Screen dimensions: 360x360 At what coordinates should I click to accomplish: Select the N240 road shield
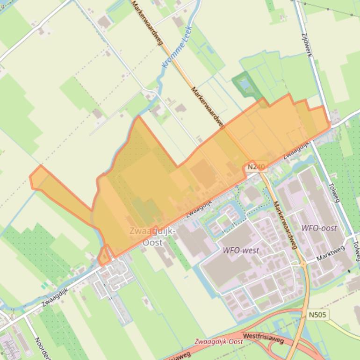click(256, 166)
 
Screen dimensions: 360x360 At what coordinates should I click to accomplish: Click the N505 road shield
click(317, 315)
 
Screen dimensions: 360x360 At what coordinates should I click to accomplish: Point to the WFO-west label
click(241, 250)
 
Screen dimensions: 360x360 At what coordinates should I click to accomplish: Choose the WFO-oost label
click(319, 228)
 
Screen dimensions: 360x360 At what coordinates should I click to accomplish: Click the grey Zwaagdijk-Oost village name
click(152, 237)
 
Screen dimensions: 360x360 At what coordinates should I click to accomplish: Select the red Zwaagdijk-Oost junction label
click(219, 342)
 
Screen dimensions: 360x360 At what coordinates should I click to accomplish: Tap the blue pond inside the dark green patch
click(243, 85)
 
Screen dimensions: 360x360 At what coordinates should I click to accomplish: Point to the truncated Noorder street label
click(40, 348)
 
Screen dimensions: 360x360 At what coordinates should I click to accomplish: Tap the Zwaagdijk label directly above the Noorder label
click(55, 296)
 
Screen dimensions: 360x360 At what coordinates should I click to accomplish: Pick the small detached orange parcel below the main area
click(104, 256)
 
